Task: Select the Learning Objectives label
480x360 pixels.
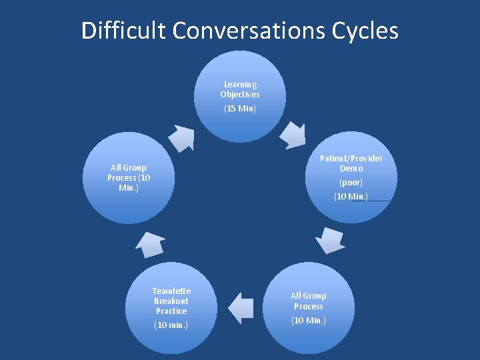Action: click(x=240, y=89)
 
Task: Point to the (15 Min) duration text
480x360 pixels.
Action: click(x=240, y=108)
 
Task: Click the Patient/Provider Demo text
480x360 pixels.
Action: click(x=351, y=163)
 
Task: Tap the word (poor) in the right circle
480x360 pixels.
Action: click(x=351, y=182)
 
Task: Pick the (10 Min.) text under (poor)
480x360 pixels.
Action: click(x=351, y=196)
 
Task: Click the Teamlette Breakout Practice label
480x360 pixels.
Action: click(x=171, y=301)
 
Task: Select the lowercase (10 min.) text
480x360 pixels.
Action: click(x=171, y=325)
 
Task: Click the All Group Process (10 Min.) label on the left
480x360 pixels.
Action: click(x=129, y=177)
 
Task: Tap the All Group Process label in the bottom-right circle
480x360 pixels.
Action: click(x=309, y=301)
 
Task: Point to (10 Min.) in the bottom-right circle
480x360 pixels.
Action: click(x=309, y=321)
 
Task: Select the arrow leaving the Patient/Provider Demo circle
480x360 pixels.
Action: click(x=329, y=239)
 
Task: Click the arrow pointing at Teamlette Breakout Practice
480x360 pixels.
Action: click(x=241, y=308)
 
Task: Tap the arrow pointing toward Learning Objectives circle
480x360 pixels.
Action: click(x=181, y=136)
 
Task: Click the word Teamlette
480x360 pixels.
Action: click(x=171, y=291)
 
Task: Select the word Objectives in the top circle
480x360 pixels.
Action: click(x=240, y=95)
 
